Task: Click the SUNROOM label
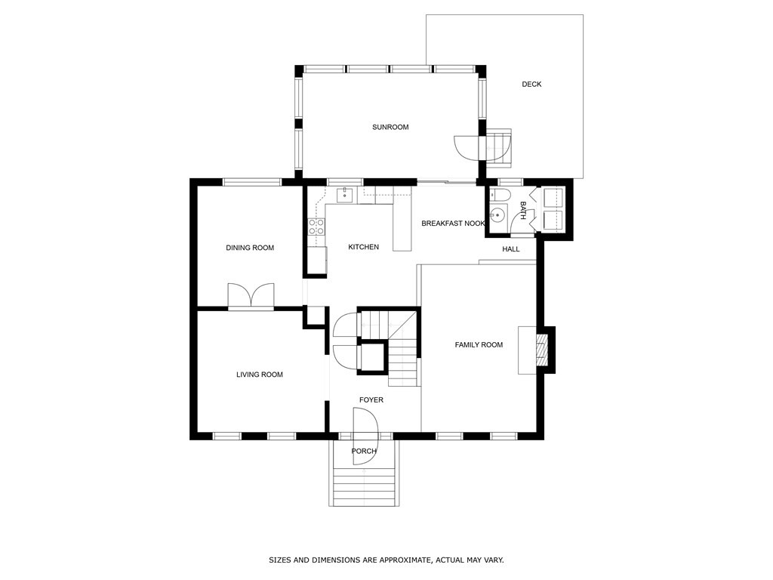[390, 127]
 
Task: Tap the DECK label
[531, 84]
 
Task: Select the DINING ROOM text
[250, 248]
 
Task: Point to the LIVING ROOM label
[260, 375]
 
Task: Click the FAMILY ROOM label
[479, 345]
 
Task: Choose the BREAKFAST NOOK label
[453, 224]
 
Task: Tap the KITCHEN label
[363, 247]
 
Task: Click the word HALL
[511, 249]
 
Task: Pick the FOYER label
[371, 400]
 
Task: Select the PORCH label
[364, 452]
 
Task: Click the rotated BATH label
[522, 210]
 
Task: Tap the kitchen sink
[344, 195]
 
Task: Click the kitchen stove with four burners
[316, 226]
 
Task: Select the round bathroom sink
[496, 217]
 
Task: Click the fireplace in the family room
[540, 350]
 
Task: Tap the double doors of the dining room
[251, 296]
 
